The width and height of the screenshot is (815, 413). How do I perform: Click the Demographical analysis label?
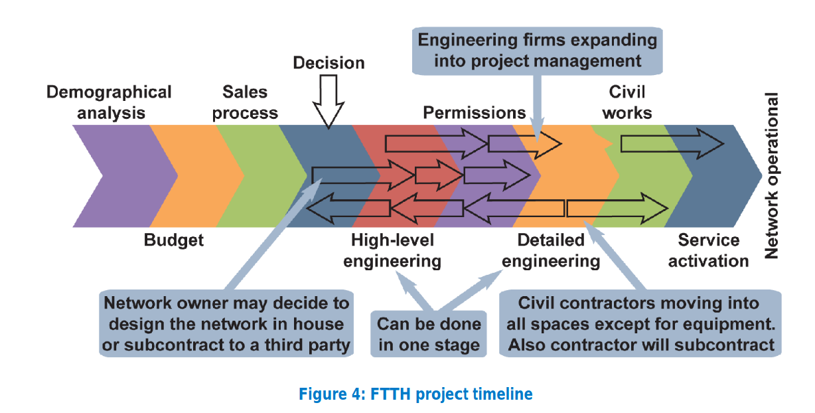(x=109, y=102)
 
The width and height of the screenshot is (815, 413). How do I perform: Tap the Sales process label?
(x=245, y=102)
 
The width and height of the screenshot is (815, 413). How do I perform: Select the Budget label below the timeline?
(x=174, y=240)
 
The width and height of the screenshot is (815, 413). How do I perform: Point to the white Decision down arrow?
(x=329, y=100)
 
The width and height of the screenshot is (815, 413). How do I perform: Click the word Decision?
(x=329, y=63)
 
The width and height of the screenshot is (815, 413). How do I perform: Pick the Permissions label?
(x=474, y=112)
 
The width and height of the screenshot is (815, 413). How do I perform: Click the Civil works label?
(x=627, y=102)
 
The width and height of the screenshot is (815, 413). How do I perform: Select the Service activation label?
(x=708, y=250)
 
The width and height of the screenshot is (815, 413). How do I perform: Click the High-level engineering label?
(x=392, y=250)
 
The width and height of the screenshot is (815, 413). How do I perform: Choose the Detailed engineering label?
(x=551, y=250)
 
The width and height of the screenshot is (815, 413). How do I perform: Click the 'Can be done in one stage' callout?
(x=428, y=335)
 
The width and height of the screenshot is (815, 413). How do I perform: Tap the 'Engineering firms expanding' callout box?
(x=538, y=50)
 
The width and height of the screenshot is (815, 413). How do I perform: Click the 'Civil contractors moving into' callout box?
(x=638, y=325)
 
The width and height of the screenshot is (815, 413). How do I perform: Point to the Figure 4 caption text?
(x=415, y=394)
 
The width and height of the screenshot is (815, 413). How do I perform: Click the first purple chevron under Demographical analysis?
(x=113, y=176)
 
